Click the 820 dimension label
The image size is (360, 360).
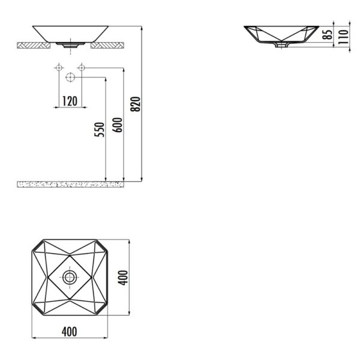[135, 104]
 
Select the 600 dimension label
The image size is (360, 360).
[118, 125]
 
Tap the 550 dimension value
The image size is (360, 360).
[99, 130]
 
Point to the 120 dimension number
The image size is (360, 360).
[70, 101]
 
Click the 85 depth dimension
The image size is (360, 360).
[327, 34]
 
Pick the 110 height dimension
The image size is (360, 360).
[343, 37]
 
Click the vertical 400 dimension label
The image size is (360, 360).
[123, 278]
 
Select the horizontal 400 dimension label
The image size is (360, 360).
[70, 332]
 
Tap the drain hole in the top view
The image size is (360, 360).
[70, 277]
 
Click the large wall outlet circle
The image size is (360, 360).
[70, 77]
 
